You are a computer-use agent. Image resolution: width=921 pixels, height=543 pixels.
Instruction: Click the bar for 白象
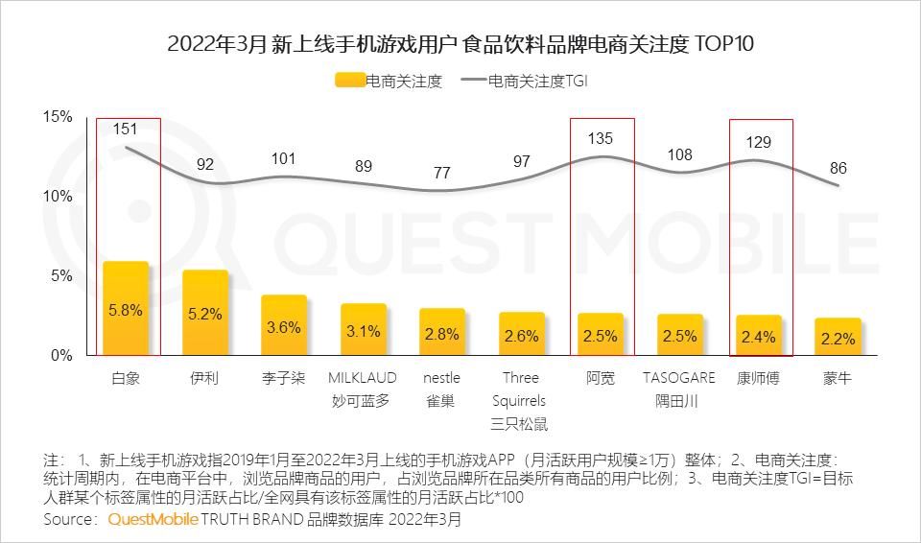[126, 309]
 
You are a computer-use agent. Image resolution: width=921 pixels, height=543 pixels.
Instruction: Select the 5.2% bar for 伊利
[205, 313]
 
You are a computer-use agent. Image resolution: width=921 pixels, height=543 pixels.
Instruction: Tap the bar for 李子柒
[284, 325]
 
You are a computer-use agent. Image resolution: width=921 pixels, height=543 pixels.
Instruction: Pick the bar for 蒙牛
[838, 337]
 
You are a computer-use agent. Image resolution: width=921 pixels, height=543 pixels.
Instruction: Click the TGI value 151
[125, 129]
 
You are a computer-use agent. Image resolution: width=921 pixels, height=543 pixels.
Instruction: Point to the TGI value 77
[441, 173]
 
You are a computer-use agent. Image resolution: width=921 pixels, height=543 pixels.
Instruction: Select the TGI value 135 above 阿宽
[601, 138]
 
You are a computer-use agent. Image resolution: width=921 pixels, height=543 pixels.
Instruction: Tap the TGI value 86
[838, 168]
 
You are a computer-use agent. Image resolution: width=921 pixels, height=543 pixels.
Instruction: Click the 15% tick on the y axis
[59, 117]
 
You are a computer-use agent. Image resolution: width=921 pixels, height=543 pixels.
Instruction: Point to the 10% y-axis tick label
[59, 197]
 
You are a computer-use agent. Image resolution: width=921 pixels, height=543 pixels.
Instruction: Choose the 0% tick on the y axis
[62, 355]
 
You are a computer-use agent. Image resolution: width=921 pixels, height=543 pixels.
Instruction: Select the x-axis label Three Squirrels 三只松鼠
[521, 401]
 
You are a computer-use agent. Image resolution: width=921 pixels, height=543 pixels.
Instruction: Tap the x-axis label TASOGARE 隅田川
[679, 390]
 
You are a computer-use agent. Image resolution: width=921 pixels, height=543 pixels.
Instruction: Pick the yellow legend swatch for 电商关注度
[349, 82]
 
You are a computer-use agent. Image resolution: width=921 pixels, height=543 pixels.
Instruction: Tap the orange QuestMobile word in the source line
[153, 519]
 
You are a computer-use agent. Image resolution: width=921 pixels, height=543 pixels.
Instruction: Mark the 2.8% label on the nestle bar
[441, 333]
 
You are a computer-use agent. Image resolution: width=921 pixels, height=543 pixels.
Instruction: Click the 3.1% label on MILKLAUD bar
[363, 331]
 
